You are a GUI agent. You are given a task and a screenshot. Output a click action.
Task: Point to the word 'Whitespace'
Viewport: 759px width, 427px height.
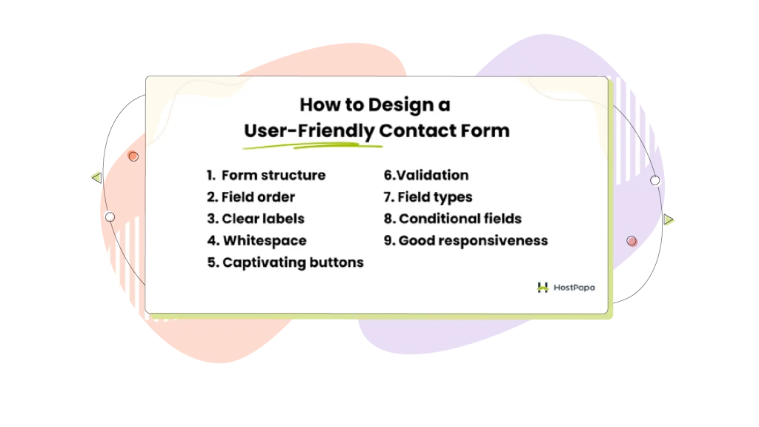click(x=265, y=241)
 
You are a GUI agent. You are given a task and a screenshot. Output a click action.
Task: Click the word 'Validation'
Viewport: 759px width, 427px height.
click(x=433, y=175)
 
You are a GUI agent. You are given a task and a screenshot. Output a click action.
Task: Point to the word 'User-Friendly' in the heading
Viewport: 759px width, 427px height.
click(x=309, y=130)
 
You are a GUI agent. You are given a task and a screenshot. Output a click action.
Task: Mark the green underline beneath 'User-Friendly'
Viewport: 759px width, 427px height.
click(x=312, y=145)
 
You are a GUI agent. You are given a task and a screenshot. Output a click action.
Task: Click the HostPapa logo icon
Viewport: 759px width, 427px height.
click(x=543, y=288)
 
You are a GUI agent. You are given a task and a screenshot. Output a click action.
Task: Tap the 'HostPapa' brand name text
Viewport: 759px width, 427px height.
click(x=574, y=288)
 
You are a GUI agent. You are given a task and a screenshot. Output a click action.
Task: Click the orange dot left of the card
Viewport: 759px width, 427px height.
click(x=133, y=156)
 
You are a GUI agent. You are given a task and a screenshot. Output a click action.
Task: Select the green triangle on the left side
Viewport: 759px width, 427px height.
click(x=97, y=178)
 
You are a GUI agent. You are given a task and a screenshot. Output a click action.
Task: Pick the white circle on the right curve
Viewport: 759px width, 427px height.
click(x=655, y=181)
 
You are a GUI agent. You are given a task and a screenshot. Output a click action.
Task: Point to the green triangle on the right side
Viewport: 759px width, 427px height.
click(x=669, y=219)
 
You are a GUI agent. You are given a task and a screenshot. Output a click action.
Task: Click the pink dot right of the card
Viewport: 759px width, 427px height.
click(x=632, y=241)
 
